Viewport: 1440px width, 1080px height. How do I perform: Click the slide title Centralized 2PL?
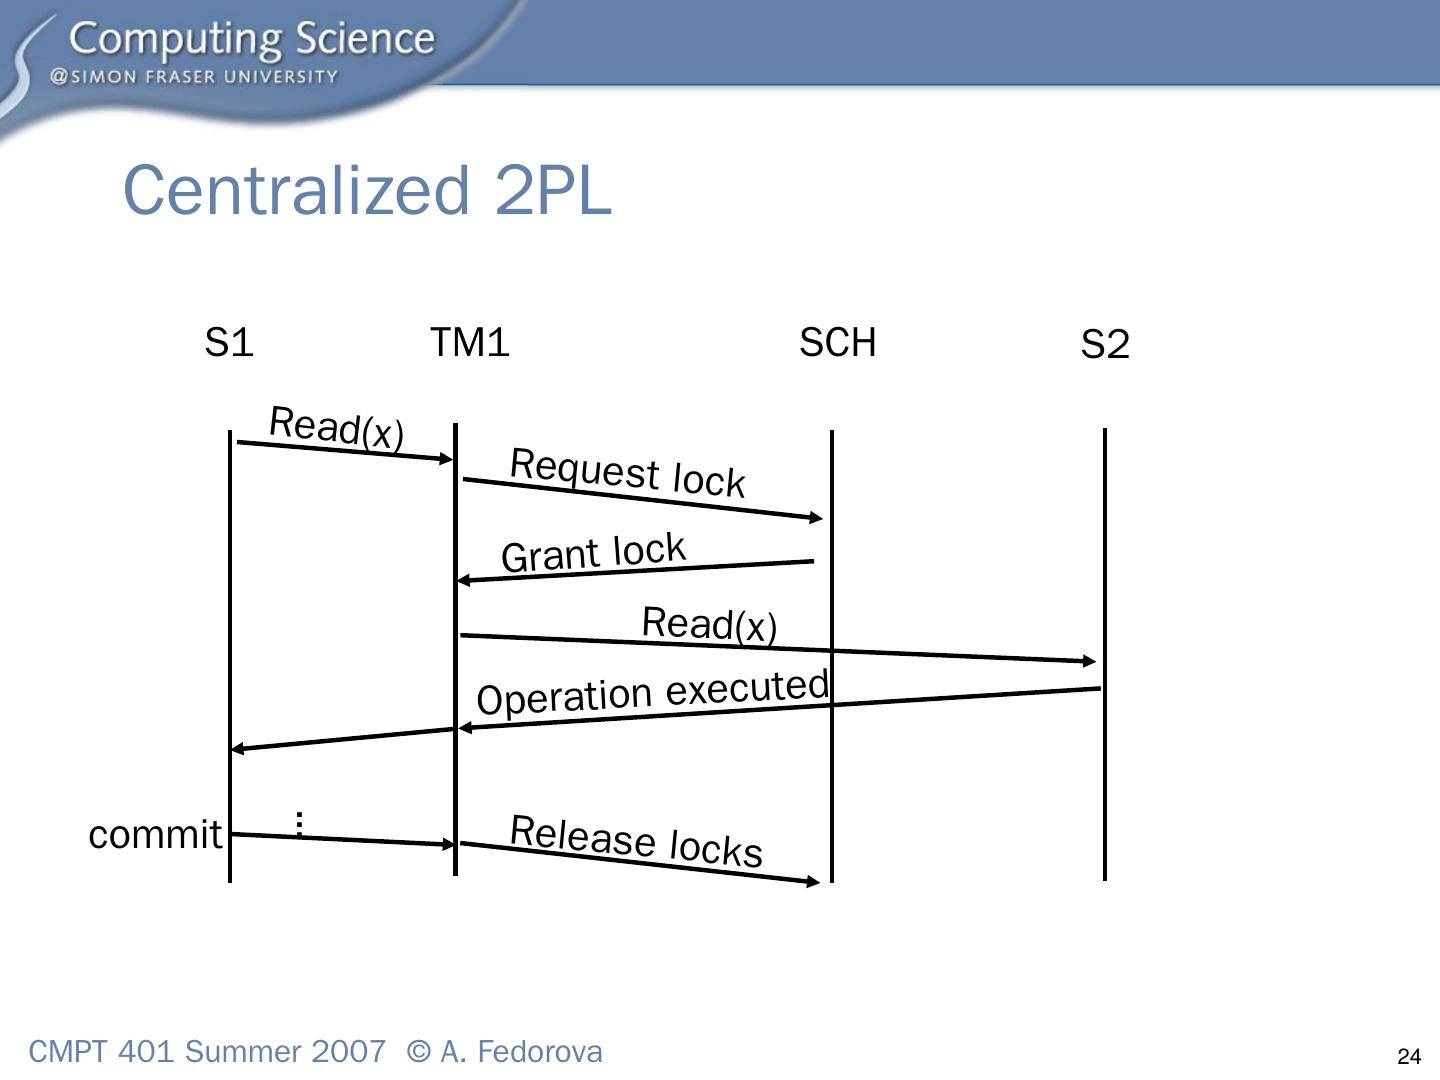pos(366,190)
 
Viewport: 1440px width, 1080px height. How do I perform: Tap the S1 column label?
pos(229,343)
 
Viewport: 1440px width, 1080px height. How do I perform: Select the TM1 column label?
pos(470,343)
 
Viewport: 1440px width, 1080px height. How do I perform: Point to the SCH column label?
pos(837,343)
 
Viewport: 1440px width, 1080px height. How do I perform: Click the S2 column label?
pos(1105,345)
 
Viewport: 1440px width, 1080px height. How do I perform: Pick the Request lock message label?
pos(628,473)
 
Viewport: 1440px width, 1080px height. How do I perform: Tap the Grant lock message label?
pos(594,553)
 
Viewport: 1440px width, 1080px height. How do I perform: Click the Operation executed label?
pos(653,693)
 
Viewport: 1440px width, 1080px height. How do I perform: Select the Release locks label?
pos(636,841)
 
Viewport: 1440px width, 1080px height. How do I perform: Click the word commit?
pos(155,834)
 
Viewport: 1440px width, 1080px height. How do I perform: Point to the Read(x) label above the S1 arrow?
pos(336,428)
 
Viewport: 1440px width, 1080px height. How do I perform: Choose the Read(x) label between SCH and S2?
pos(709,624)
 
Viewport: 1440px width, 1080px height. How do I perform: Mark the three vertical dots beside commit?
pos(299,824)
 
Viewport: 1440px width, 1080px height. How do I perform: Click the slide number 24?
pos(1408,1057)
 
